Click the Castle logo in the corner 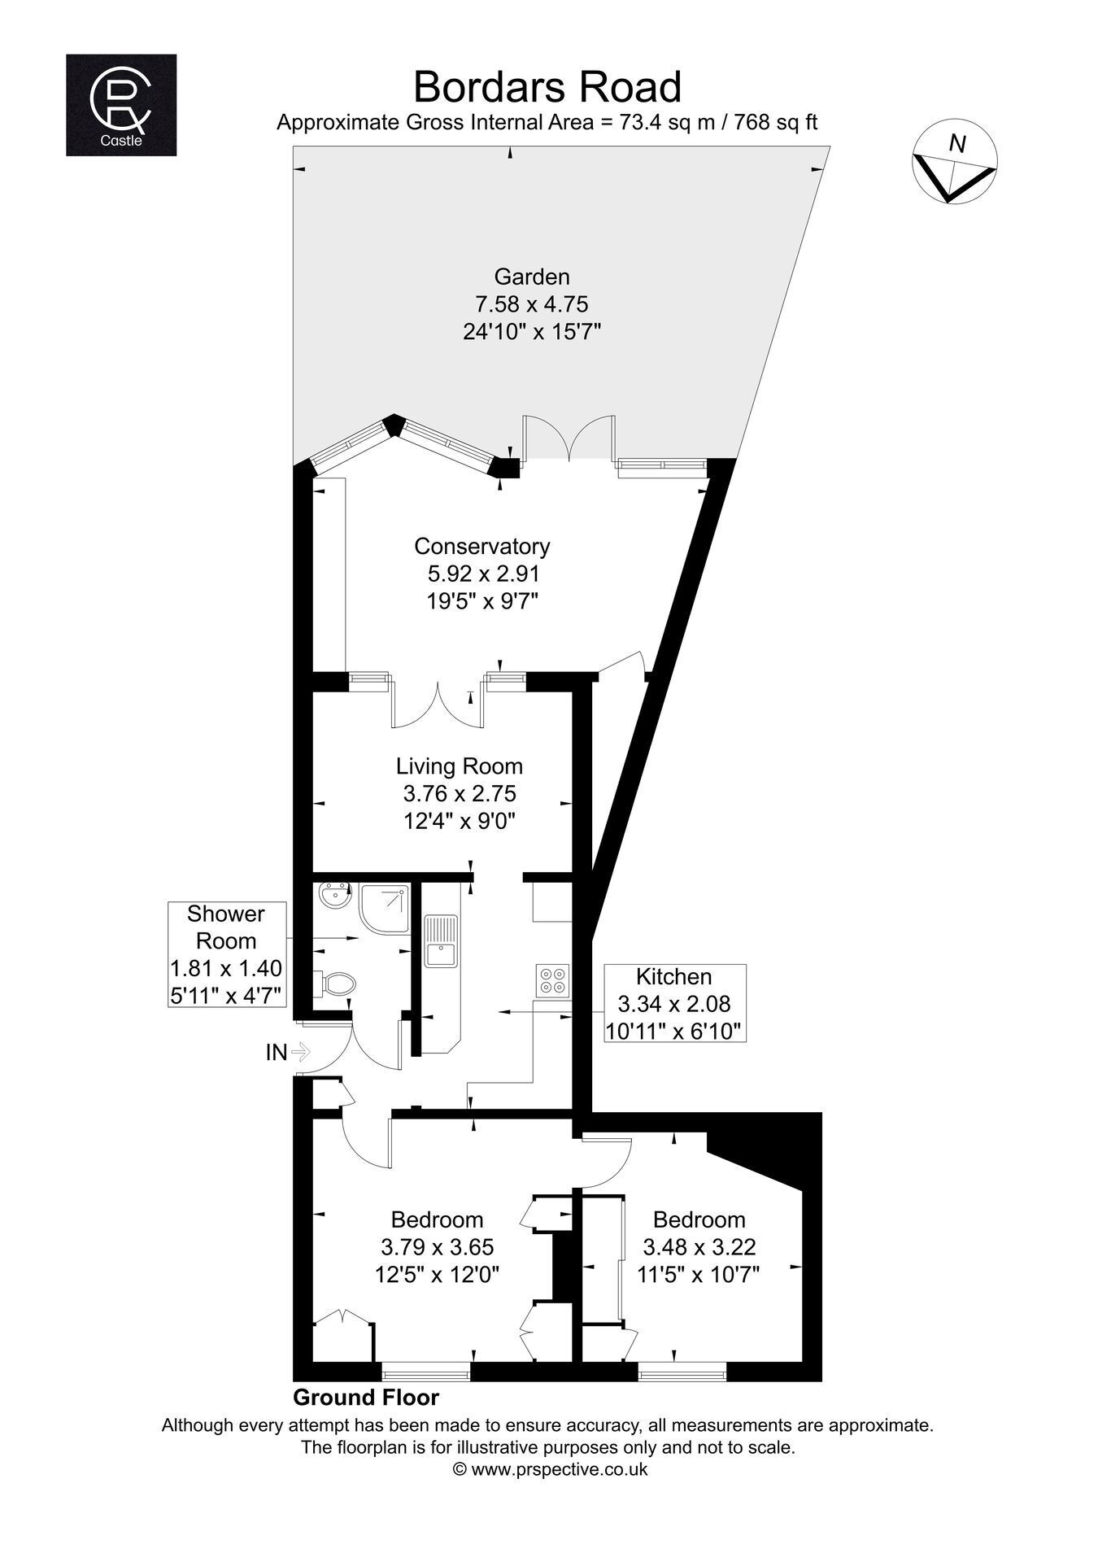click(x=121, y=105)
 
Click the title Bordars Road click(x=547, y=86)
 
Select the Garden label click(x=532, y=276)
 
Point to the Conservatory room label click(x=482, y=546)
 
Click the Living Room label click(x=460, y=766)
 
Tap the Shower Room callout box click(x=227, y=953)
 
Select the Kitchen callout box click(x=674, y=1004)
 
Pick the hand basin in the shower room click(x=333, y=898)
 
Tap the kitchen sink click(x=440, y=941)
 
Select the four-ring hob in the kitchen click(x=553, y=979)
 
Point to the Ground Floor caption click(x=366, y=1398)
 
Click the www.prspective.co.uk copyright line click(x=549, y=1469)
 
